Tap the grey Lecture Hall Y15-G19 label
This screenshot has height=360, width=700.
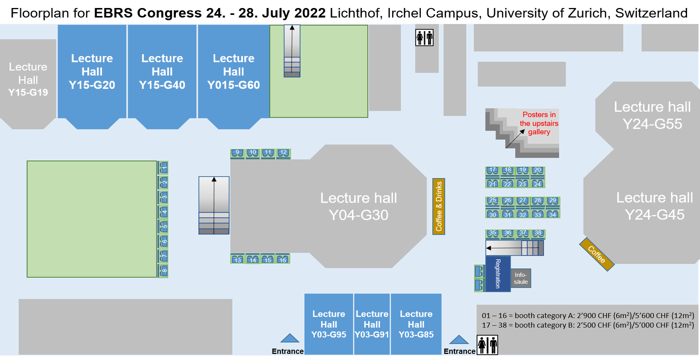click(28, 80)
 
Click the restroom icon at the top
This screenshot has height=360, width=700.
click(424, 38)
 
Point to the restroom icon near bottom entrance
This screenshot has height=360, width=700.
click(487, 345)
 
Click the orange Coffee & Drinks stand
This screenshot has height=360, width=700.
click(439, 206)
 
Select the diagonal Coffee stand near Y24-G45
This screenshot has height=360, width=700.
click(597, 255)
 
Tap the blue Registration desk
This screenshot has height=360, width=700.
click(498, 274)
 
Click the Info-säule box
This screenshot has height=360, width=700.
click(521, 278)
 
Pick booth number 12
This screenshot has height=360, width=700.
click(283, 153)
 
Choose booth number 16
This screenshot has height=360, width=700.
click(283, 259)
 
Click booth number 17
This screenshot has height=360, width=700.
click(493, 171)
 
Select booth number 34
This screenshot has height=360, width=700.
click(553, 214)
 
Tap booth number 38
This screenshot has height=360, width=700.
click(538, 234)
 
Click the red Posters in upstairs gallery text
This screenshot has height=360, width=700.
click(539, 123)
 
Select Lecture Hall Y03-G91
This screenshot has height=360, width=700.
click(372, 324)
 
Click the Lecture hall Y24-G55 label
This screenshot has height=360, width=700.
click(652, 115)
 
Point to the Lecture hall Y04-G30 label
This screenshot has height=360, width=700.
click(358, 206)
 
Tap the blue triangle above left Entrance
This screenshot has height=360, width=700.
click(290, 338)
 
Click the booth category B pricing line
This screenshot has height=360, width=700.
click(588, 325)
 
